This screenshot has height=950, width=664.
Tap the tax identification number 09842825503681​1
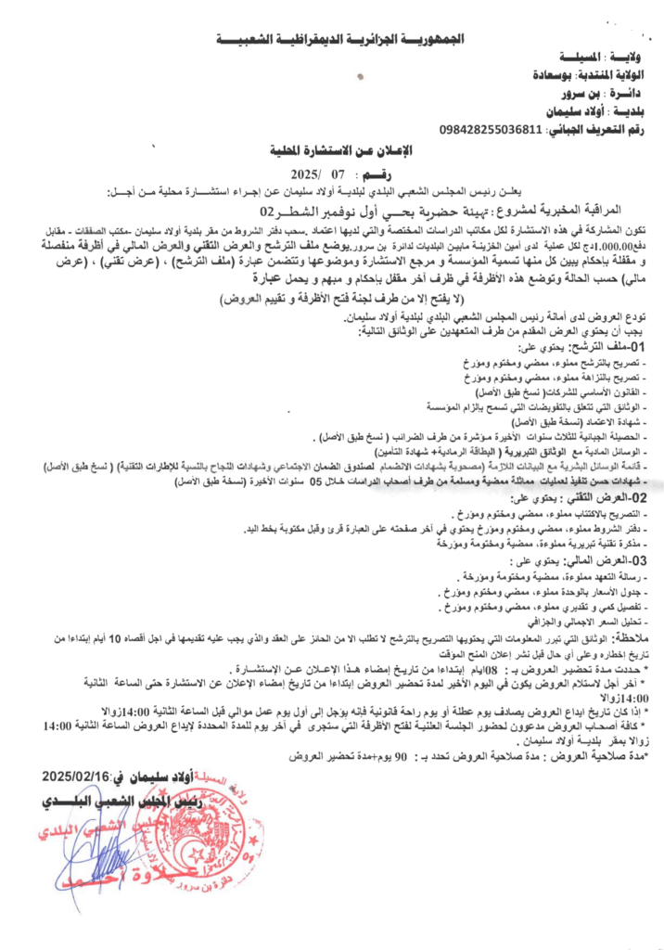pos(491,128)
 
